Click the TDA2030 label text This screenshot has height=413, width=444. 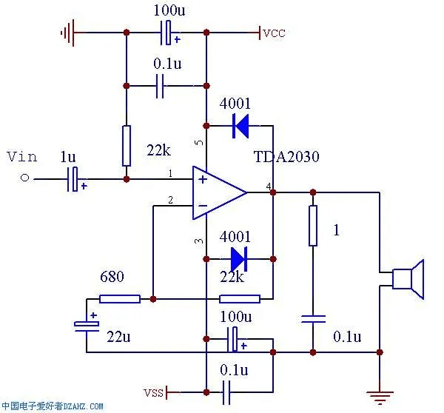click(286, 158)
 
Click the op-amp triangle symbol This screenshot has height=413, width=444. click(219, 193)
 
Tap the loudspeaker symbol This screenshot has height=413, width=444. click(408, 279)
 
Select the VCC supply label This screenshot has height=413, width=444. click(274, 33)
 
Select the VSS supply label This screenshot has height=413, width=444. click(153, 390)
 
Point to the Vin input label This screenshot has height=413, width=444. click(21, 156)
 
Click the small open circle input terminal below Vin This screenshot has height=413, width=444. click(24, 178)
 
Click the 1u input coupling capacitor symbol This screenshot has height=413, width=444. click(73, 178)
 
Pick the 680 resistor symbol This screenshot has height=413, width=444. click(120, 299)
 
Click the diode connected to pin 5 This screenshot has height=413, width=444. click(240, 126)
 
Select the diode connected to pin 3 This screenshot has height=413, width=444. click(239, 259)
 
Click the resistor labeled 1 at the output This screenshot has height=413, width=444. click(313, 226)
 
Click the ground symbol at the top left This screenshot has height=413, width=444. click(69, 33)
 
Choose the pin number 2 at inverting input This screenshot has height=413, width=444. click(170, 200)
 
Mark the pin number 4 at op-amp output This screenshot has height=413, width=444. click(268, 184)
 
